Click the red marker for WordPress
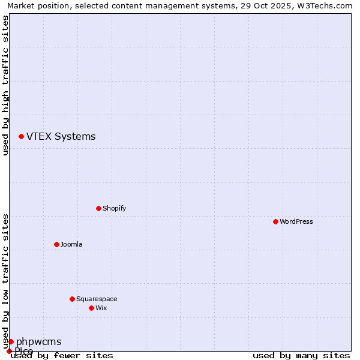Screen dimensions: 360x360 pyautogui.click(x=275, y=221)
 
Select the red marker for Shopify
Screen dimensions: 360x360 pyautogui.click(x=98, y=208)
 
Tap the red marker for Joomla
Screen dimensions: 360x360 pyautogui.click(x=56, y=244)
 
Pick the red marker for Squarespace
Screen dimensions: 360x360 pyautogui.click(x=72, y=299)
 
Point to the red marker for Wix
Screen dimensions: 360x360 pyautogui.click(x=91, y=308)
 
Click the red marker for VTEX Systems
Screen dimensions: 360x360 pyautogui.click(x=21, y=137)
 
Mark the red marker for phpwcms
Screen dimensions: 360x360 pyautogui.click(x=11, y=341)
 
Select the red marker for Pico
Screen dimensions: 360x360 pyautogui.click(x=9, y=351)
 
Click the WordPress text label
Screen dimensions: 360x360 pyautogui.click(x=296, y=221)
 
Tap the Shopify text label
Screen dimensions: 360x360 pyautogui.click(x=115, y=208)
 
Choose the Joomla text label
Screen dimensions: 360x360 pyautogui.click(x=71, y=244)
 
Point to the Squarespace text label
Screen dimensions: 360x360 pyautogui.click(x=97, y=299)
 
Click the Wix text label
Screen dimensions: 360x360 pyautogui.click(x=101, y=308)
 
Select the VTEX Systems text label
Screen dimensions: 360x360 pyautogui.click(x=61, y=137)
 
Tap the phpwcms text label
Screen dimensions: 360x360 pyautogui.click(x=38, y=342)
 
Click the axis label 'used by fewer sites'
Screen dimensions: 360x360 pyautogui.click(x=62, y=356)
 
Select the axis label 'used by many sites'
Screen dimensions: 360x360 pyautogui.click(x=301, y=356)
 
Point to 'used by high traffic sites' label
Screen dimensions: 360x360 pyautogui.click(x=5, y=85)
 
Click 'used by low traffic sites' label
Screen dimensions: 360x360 pyautogui.click(x=5, y=281)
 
